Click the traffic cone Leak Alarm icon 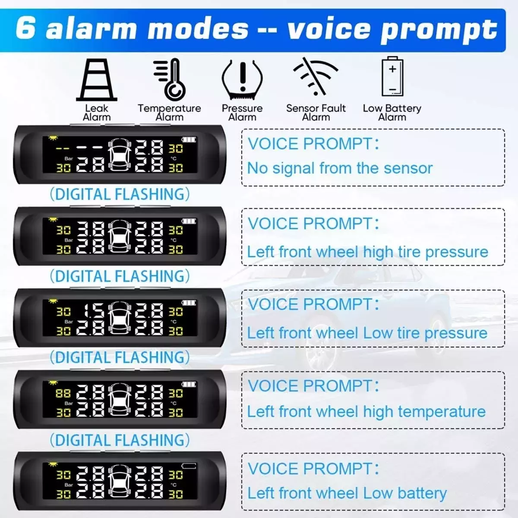pyautogui.click(x=97, y=80)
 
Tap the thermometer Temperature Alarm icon pyautogui.click(x=170, y=79)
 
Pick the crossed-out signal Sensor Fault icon pyautogui.click(x=315, y=76)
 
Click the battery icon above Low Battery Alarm pyautogui.click(x=392, y=76)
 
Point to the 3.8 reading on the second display pyautogui.click(x=91, y=230)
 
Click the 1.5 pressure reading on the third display pyautogui.click(x=94, y=312)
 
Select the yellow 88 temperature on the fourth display pyautogui.click(x=63, y=394)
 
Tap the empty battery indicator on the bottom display pyautogui.click(x=189, y=466)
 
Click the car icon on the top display pyautogui.click(x=120, y=155)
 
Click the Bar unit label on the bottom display pyautogui.click(x=69, y=485)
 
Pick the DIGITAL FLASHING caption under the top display pyautogui.click(x=120, y=194)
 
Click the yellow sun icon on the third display pyautogui.click(x=53, y=301)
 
